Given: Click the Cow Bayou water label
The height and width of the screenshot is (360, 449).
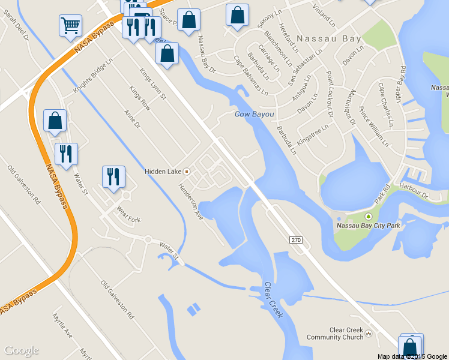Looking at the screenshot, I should [x=254, y=114].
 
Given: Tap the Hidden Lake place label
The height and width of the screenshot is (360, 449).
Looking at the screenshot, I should [x=163, y=172].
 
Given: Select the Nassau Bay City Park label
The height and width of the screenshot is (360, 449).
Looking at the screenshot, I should [x=368, y=226].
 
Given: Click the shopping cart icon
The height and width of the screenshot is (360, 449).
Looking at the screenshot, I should [x=70, y=25].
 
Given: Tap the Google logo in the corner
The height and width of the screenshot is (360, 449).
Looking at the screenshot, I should [x=21, y=350].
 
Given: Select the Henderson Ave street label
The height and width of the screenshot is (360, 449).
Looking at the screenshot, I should [x=190, y=201].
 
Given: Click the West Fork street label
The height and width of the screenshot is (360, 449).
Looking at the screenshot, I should [x=128, y=215].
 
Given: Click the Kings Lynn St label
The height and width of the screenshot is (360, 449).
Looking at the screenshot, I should [x=153, y=85].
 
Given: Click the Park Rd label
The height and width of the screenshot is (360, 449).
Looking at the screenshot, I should [x=382, y=196].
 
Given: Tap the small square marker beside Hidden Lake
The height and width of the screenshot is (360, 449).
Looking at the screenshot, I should [x=186, y=172].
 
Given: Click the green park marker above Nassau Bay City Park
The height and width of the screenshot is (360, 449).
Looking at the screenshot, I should [x=368, y=216].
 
